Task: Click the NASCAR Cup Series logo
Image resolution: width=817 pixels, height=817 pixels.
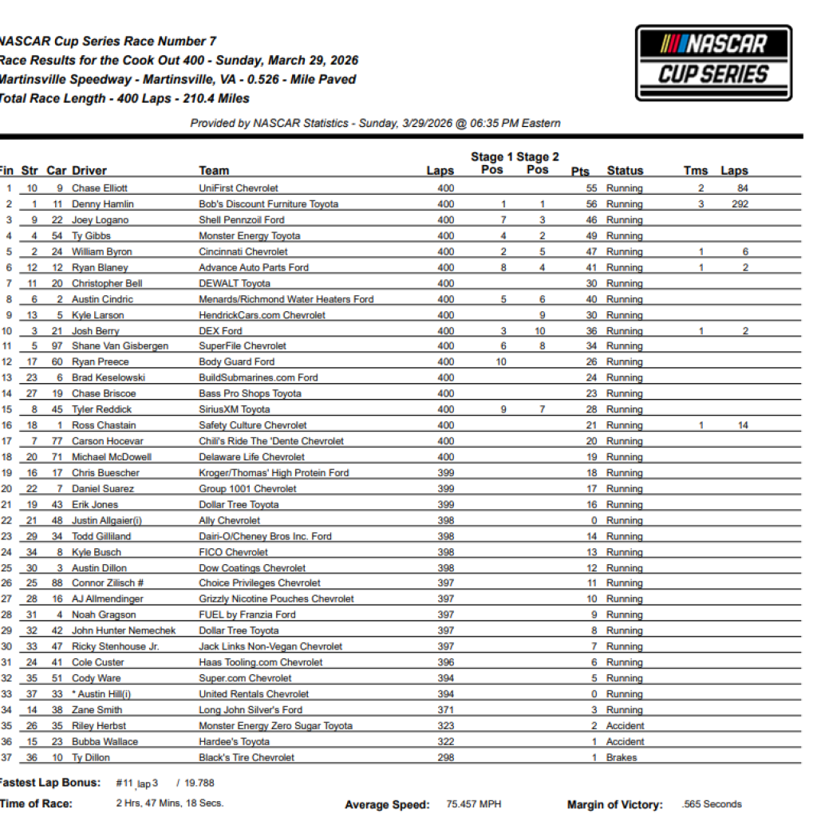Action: coord(713,63)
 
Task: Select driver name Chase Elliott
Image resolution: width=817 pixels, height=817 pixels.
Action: coord(99,188)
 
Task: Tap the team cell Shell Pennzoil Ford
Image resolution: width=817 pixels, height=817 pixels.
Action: coord(241,220)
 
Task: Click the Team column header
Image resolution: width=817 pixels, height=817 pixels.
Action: coord(214,171)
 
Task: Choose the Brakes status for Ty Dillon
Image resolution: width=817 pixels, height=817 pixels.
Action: coord(622,757)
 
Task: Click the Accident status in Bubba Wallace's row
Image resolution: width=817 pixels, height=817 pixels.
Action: coord(625,741)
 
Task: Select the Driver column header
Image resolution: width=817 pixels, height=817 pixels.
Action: coord(89,171)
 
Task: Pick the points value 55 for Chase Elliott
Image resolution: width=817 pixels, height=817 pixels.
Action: coord(591,188)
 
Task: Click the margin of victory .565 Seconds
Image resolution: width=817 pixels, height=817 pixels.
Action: coord(712,804)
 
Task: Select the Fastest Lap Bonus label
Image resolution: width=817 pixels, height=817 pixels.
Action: coord(50,783)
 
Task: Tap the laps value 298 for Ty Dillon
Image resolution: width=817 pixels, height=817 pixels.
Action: coord(446,757)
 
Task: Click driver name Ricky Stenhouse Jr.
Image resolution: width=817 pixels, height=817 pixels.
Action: coord(115,646)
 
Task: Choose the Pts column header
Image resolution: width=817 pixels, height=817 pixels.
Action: coord(580,172)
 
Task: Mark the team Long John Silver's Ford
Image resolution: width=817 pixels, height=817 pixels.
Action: coord(251,710)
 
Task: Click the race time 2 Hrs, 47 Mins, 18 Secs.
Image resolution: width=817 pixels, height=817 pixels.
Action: coord(170,803)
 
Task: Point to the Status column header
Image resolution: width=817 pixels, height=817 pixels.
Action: coord(625,171)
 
